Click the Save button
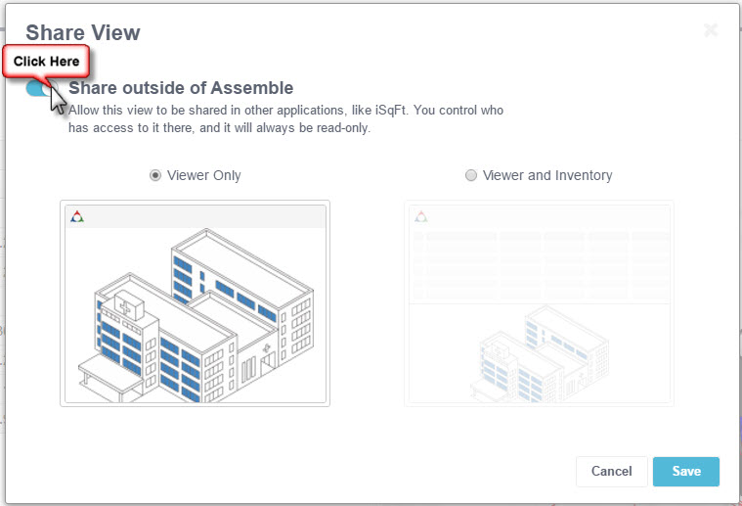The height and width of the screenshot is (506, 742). (x=685, y=472)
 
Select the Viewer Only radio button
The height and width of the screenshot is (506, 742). (x=155, y=176)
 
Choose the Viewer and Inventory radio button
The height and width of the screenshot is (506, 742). (x=471, y=176)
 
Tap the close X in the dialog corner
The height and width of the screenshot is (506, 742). (x=711, y=30)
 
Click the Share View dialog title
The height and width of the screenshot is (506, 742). (x=83, y=32)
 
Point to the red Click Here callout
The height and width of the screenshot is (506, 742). (x=46, y=62)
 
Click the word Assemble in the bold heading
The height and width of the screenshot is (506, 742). (x=252, y=88)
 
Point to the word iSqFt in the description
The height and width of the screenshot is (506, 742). (x=391, y=111)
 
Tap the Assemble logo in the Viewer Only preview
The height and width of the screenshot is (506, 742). (x=77, y=217)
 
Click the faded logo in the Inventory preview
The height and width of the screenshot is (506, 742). (x=421, y=217)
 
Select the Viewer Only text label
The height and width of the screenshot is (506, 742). (x=204, y=176)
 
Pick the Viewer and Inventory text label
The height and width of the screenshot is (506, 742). (x=547, y=176)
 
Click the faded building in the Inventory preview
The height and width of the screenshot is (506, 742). (x=540, y=353)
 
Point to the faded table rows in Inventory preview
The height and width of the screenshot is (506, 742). (x=540, y=264)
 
